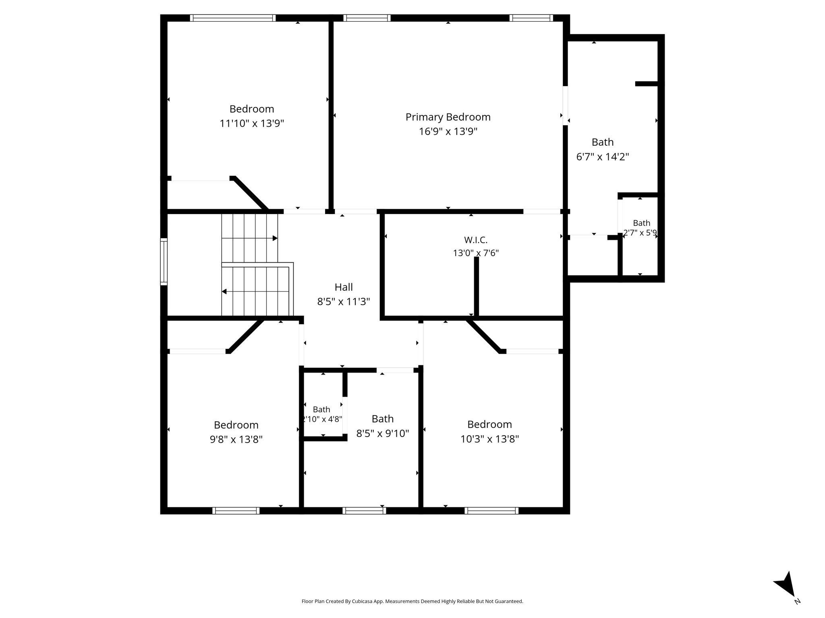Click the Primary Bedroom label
coord(448,117)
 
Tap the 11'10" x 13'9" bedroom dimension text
coord(252,123)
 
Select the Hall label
coord(344,287)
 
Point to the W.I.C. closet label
coord(476,240)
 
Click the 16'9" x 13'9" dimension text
coord(448,131)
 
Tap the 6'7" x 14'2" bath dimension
coord(603,157)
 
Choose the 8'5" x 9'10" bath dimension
coord(383,433)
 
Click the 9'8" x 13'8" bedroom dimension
coord(236,439)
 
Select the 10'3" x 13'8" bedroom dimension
coord(489,439)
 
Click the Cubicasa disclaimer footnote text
coord(412,601)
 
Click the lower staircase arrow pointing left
coord(255,291)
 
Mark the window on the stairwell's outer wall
coord(164,262)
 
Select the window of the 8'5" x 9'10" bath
coord(364,511)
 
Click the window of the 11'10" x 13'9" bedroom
coord(233,18)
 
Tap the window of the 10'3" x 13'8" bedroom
coord(491,511)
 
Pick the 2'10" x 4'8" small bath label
coord(322,414)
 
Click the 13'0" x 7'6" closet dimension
coord(476,253)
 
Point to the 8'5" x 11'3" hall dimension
coord(344,301)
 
